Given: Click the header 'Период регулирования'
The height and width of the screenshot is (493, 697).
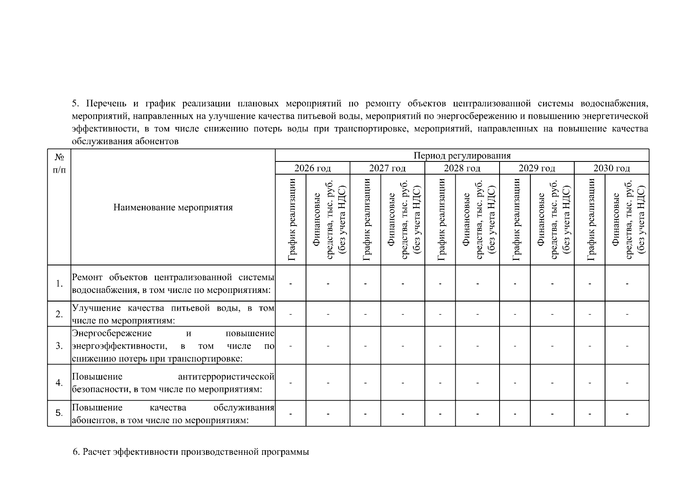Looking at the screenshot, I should (x=462, y=155).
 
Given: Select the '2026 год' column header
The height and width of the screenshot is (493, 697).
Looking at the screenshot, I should (x=312, y=168).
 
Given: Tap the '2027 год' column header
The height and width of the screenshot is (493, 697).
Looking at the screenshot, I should (x=387, y=168).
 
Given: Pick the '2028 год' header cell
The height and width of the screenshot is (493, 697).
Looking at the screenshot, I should (x=462, y=168).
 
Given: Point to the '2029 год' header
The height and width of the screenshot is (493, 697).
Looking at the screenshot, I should (x=537, y=168).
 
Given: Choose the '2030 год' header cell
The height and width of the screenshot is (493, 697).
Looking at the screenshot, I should (x=611, y=168).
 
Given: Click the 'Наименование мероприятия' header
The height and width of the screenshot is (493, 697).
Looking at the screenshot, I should (x=173, y=207).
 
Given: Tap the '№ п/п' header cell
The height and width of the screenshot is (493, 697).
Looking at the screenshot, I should (x=59, y=163).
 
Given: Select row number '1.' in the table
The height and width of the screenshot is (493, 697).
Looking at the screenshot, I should (x=59, y=283).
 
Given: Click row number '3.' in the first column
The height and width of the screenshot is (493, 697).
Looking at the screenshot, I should (x=59, y=346).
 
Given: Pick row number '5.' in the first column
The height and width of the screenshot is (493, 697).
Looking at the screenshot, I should (x=59, y=413).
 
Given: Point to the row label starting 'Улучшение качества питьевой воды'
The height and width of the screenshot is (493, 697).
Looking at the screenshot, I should (x=173, y=314).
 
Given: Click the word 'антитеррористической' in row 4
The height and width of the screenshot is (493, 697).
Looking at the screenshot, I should (x=226, y=376).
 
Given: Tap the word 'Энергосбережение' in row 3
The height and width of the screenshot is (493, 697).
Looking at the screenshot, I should (x=112, y=333).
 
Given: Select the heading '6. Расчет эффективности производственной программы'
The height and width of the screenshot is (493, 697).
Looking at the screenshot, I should (x=191, y=452).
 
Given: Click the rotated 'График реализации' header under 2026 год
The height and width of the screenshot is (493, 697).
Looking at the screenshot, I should (x=291, y=220).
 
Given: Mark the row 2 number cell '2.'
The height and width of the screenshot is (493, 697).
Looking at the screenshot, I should (x=59, y=314).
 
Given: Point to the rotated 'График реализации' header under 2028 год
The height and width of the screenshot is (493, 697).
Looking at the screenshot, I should (x=440, y=220).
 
